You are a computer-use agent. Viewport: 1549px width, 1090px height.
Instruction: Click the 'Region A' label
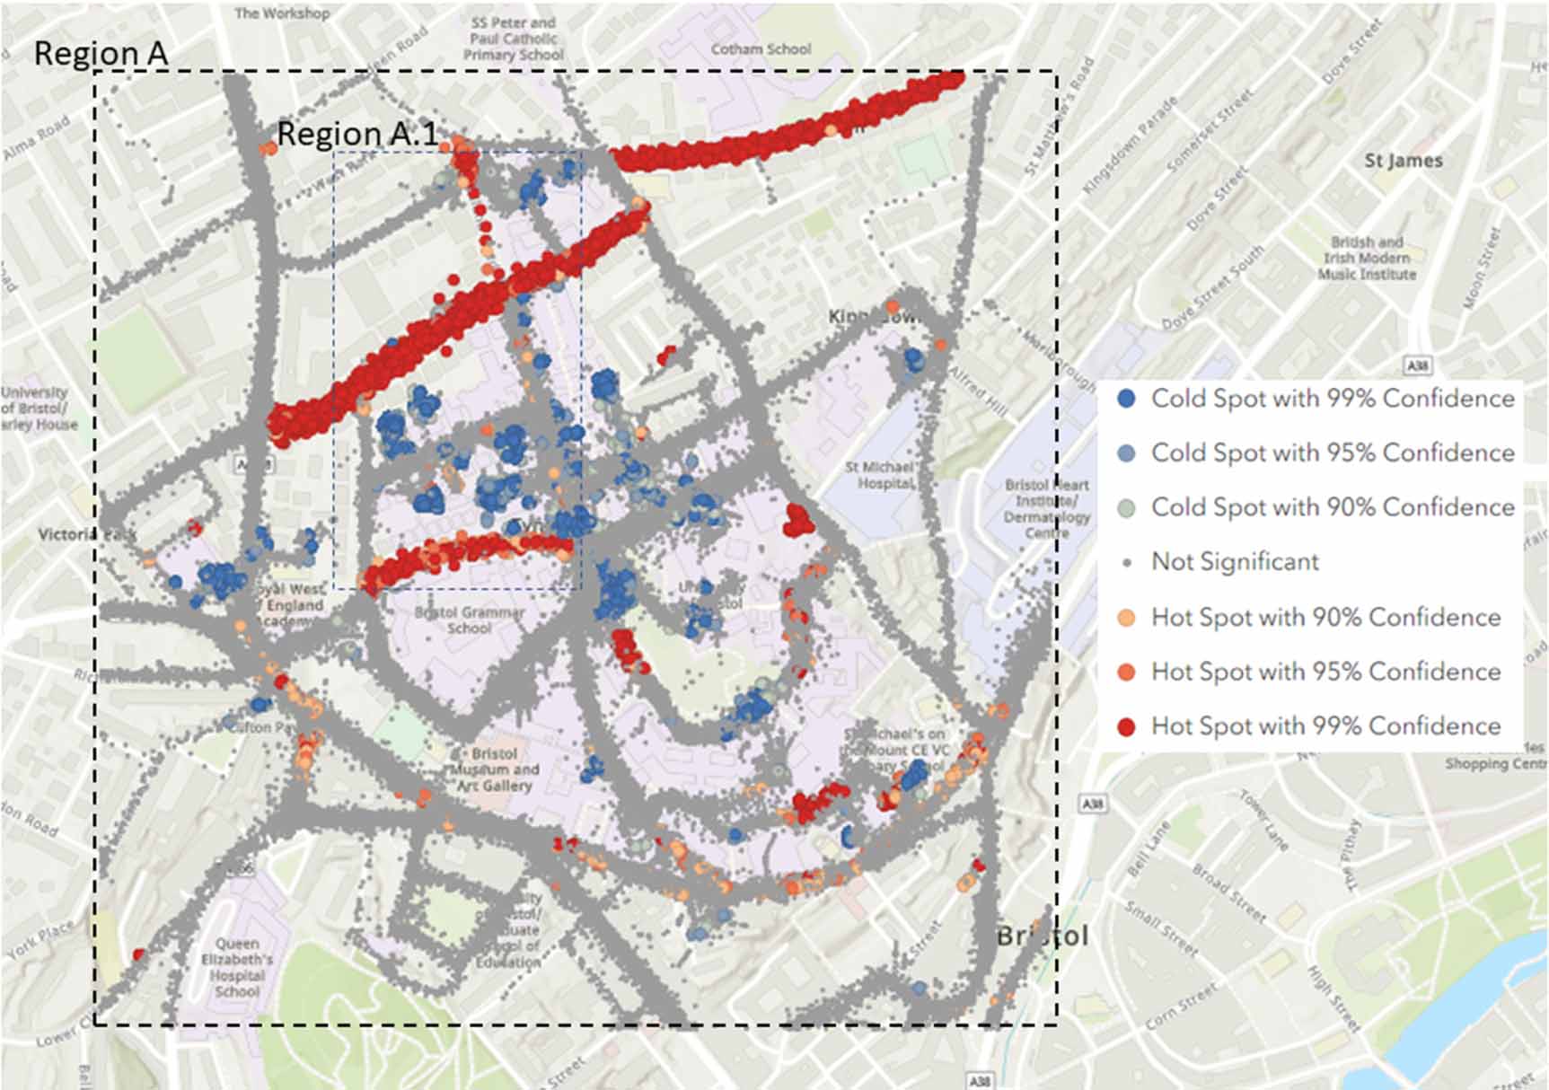(x=101, y=54)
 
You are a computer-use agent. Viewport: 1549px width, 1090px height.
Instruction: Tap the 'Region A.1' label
(x=357, y=134)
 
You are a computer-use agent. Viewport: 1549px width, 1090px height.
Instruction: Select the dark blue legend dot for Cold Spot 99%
(x=1126, y=399)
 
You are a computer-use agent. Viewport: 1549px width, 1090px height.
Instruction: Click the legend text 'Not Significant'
(x=1235, y=562)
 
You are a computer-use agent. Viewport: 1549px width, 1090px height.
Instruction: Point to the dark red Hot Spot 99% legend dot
(x=1126, y=726)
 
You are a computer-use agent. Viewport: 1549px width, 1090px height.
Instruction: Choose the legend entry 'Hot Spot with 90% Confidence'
(x=1325, y=618)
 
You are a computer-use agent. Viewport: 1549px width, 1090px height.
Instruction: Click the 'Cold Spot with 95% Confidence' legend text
(x=1333, y=453)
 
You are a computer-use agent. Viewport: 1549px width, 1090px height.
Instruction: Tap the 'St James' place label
(x=1403, y=161)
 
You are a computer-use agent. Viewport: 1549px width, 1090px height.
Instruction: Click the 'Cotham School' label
(x=761, y=49)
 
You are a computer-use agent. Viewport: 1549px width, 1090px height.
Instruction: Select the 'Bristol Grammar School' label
(x=470, y=620)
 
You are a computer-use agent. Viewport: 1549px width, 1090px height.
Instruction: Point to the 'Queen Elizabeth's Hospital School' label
(x=237, y=968)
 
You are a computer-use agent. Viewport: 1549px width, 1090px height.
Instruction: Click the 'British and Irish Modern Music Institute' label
(x=1367, y=259)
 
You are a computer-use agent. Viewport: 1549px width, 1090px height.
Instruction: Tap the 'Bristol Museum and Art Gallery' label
(x=494, y=769)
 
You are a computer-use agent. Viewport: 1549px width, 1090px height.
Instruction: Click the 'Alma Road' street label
(x=36, y=140)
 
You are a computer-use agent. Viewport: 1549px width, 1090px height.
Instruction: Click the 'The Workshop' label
(x=281, y=13)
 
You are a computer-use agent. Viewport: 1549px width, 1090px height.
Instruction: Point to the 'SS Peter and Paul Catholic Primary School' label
(x=514, y=39)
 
